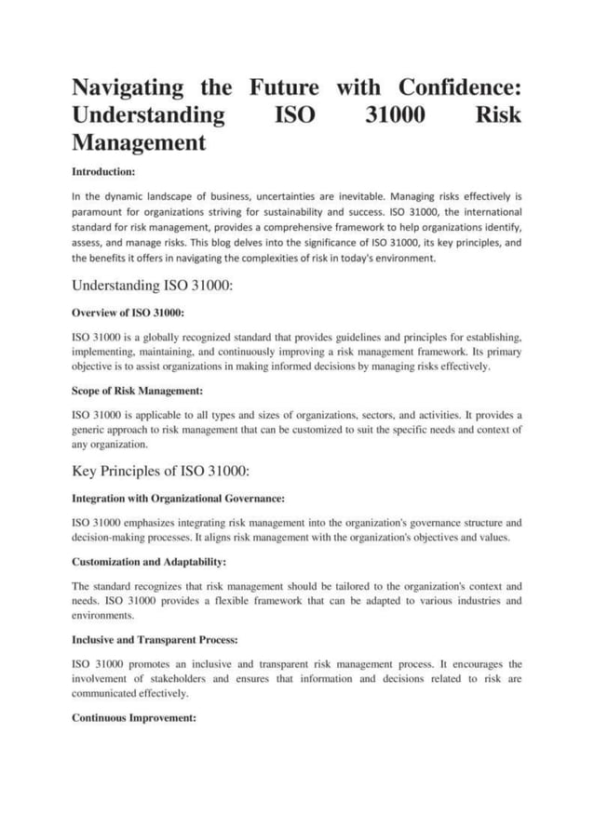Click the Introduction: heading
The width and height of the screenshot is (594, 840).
tap(104, 172)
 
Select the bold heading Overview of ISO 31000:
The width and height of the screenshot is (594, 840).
tap(128, 313)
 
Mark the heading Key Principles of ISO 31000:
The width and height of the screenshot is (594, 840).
tap(160, 472)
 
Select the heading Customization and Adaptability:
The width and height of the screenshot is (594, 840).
tap(149, 563)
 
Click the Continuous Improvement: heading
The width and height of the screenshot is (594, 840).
tap(133, 719)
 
